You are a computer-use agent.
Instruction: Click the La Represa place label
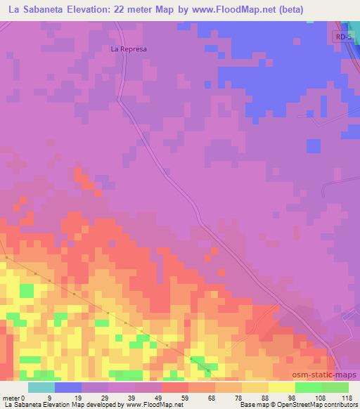127,49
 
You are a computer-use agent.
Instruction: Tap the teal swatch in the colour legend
41,387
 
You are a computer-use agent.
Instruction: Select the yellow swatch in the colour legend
281,387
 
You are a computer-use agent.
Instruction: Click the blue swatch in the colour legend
68,387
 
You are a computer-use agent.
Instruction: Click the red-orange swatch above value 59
174,387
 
